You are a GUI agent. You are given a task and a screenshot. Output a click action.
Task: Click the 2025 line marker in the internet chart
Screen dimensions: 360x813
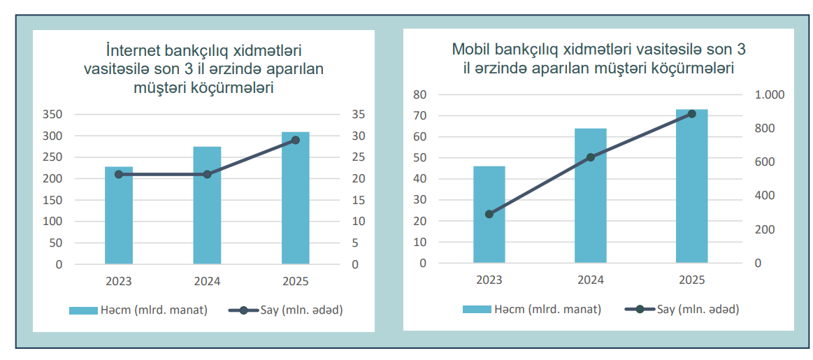[295, 141]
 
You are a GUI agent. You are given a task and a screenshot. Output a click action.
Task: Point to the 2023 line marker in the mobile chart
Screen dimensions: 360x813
[489, 214]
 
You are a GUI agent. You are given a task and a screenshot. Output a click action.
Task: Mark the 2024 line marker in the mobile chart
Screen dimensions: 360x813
[591, 157]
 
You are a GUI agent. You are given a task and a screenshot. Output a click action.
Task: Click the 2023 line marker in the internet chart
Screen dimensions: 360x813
[119, 174]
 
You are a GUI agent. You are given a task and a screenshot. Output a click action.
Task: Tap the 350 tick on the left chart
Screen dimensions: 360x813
[54, 115]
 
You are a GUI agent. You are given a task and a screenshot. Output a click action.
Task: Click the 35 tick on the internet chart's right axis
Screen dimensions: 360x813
[358, 115]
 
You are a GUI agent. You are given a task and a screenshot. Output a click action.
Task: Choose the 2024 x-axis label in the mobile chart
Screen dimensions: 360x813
[591, 280]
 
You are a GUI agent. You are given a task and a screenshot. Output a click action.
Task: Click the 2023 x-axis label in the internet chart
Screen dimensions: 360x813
[119, 282]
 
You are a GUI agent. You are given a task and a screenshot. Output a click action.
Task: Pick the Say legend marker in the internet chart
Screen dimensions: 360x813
[243, 310]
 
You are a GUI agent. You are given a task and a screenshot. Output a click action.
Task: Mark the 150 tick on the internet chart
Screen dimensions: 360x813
[54, 201]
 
